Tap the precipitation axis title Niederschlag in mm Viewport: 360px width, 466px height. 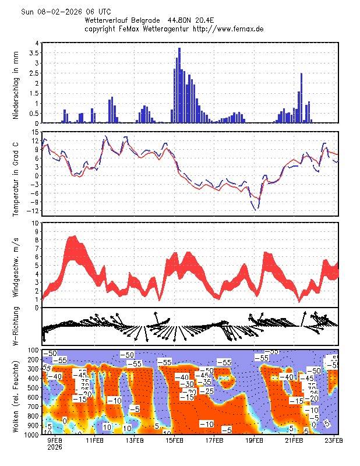[x=16, y=85]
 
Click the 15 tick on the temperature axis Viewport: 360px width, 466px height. [x=36, y=133]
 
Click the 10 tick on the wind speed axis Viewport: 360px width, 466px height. [x=36, y=223]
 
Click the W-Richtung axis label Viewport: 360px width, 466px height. [x=16, y=327]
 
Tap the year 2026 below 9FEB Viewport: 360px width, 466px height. [x=55, y=448]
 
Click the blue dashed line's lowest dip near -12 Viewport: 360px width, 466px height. [x=255, y=209]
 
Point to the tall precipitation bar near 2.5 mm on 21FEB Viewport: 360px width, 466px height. [x=302, y=98]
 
